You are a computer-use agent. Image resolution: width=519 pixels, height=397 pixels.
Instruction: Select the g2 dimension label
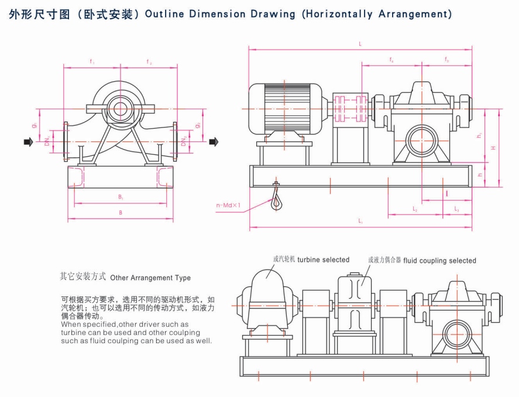click(198, 125)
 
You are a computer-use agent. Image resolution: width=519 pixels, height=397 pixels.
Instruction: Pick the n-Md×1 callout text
click(229, 205)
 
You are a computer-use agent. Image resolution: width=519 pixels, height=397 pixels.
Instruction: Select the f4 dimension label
click(391, 60)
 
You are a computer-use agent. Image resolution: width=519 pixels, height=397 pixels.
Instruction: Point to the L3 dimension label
click(456, 209)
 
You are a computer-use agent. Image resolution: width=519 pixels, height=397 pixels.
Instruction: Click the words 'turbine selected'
click(323, 260)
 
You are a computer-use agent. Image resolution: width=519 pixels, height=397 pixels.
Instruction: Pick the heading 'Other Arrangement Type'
click(150, 278)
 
